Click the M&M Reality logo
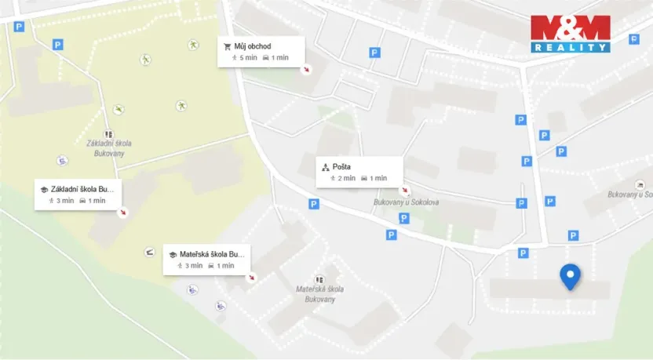pyautogui.click(x=570, y=33)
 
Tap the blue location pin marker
pyautogui.click(x=570, y=276)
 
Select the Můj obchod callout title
pyautogui.click(x=252, y=46)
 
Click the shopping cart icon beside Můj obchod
pyautogui.click(x=228, y=46)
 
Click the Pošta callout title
pyautogui.click(x=341, y=167)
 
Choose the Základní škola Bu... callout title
pyautogui.click(x=82, y=189)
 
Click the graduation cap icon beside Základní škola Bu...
pyautogui.click(x=43, y=189)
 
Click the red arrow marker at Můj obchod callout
pyautogui.click(x=307, y=69)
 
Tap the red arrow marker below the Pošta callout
pyautogui.click(x=405, y=190)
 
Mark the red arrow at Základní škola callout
pyautogui.click(x=123, y=212)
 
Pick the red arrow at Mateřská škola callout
pyautogui.click(x=252, y=277)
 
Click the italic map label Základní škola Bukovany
pyautogui.click(x=109, y=148)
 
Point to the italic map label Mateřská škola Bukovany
pyautogui.click(x=316, y=294)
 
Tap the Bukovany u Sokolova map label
pyautogui.click(x=406, y=203)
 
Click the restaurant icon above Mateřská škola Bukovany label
pyautogui.click(x=319, y=279)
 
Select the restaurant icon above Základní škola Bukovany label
pyautogui.click(x=108, y=134)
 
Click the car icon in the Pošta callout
pyautogui.click(x=364, y=178)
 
